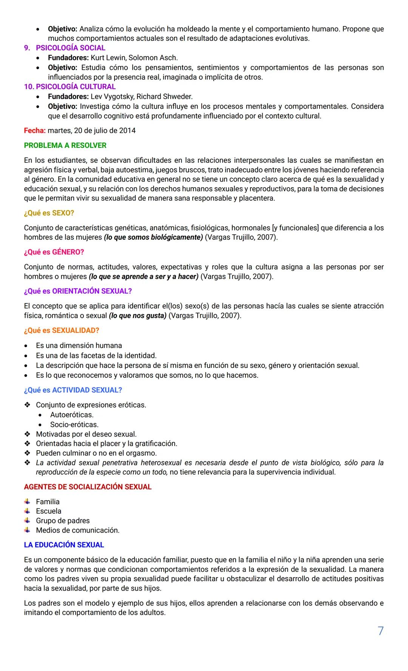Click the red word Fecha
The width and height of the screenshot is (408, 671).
point(34,131)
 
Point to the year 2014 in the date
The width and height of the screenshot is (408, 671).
point(127,131)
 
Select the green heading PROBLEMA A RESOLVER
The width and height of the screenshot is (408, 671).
point(65,145)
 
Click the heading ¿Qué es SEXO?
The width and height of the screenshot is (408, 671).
point(49,213)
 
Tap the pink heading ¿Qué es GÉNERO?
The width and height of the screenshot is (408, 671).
point(54,252)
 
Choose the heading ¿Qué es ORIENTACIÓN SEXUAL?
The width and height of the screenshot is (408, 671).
point(77,291)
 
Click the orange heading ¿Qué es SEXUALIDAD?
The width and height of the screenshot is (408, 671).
point(61,331)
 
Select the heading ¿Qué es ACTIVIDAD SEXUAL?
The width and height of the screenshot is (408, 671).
point(73,390)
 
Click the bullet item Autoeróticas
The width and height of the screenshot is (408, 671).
point(72,415)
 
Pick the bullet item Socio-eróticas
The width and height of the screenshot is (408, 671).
point(74,425)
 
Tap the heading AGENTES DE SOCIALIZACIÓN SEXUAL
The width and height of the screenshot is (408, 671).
point(87,487)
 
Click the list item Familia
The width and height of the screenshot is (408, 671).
point(48,502)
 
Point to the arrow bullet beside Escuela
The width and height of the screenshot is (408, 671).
point(27,511)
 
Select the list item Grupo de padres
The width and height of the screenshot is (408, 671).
point(63,521)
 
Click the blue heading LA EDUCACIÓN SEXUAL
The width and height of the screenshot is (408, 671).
point(63,545)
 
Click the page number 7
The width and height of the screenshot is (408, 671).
point(380,631)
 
